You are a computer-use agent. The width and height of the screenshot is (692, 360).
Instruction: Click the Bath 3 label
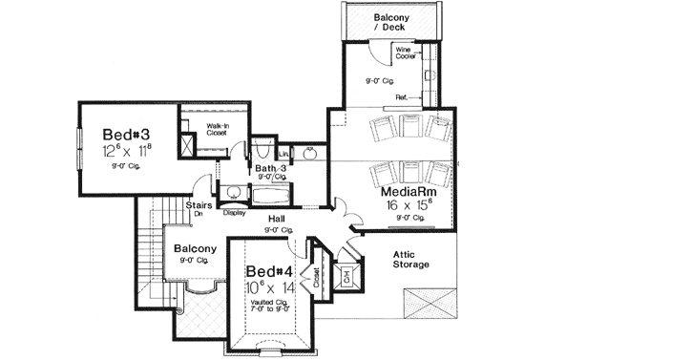(272, 169)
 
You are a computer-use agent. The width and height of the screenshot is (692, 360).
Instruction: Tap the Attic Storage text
(408, 259)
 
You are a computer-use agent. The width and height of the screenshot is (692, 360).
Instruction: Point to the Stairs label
(199, 204)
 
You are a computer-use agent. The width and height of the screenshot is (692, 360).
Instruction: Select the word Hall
(278, 219)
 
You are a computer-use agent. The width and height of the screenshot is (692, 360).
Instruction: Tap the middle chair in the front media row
(408, 174)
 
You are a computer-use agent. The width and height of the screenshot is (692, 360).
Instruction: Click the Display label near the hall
(234, 213)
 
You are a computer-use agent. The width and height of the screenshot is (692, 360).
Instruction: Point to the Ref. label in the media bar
(401, 96)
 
